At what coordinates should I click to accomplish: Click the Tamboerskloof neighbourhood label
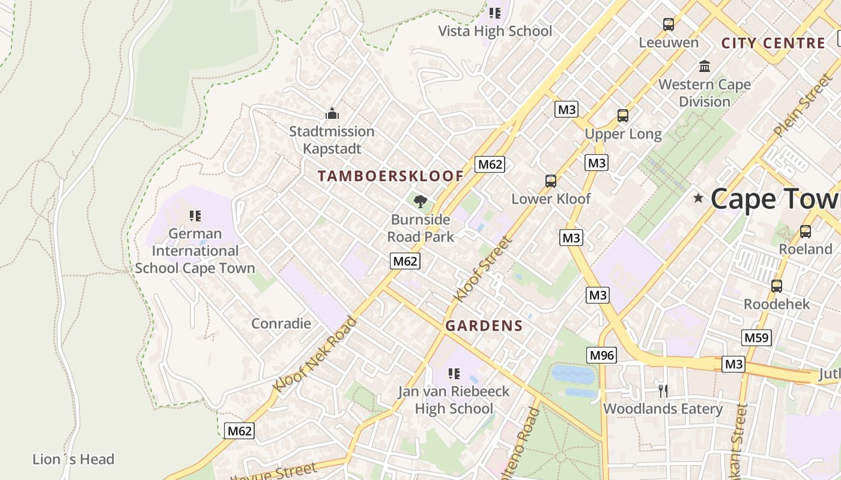click(390, 176)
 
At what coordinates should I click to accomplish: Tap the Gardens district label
click(484, 326)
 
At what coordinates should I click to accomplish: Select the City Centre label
click(773, 43)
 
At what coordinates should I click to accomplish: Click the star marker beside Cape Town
click(698, 198)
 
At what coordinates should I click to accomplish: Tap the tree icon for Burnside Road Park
click(421, 201)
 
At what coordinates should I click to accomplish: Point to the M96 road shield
click(602, 355)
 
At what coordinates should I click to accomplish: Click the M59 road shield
click(756, 337)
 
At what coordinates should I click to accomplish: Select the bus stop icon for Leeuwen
click(669, 25)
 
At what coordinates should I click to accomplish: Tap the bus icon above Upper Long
click(623, 116)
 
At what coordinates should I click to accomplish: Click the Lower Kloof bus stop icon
click(551, 181)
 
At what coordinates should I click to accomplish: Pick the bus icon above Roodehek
click(777, 286)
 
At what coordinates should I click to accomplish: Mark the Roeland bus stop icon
click(806, 231)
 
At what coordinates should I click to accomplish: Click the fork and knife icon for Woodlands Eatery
click(663, 391)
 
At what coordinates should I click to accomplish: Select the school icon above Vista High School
click(495, 13)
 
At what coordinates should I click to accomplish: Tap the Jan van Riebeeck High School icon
click(454, 374)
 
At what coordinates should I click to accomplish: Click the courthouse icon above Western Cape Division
click(705, 66)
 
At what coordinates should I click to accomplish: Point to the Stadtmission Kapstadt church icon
click(332, 113)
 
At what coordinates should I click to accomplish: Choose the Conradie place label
click(281, 323)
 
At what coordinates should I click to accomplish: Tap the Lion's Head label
click(73, 460)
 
